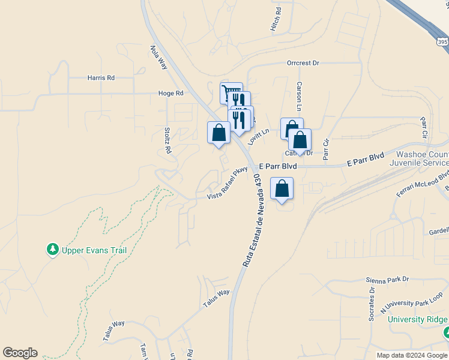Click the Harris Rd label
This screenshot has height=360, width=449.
point(100,78)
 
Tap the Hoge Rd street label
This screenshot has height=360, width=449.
point(170,94)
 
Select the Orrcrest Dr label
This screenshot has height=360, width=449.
point(303,63)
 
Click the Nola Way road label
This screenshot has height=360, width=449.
point(159,58)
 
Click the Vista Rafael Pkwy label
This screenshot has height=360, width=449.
point(228,184)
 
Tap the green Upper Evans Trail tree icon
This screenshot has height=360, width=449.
point(53,249)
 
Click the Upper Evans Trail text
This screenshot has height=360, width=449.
point(94,250)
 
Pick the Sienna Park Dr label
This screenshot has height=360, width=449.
point(387,280)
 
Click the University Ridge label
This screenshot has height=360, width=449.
point(417,319)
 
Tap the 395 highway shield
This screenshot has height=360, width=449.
point(442,42)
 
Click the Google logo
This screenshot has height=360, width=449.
point(20,353)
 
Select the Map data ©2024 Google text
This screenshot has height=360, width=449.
point(411,355)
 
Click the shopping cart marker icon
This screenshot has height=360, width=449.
point(230,93)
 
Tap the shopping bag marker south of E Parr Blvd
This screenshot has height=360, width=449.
point(282,189)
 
